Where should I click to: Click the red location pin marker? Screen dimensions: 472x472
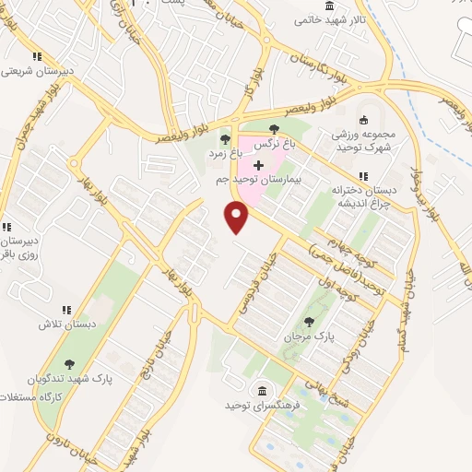point(238,218)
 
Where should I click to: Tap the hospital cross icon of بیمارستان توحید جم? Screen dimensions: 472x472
point(257,164)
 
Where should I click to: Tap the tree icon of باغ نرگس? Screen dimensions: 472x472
point(274,129)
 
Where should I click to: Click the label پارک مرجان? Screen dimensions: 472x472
point(308,338)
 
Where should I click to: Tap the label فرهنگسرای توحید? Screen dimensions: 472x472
point(258,405)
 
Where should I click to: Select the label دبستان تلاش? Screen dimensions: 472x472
point(62,325)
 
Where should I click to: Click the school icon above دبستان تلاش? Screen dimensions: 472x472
point(65,310)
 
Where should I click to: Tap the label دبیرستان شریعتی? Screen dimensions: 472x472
point(35,70)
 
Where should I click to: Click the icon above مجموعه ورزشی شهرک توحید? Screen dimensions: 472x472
point(363,118)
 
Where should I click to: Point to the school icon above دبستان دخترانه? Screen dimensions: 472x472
point(364,175)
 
